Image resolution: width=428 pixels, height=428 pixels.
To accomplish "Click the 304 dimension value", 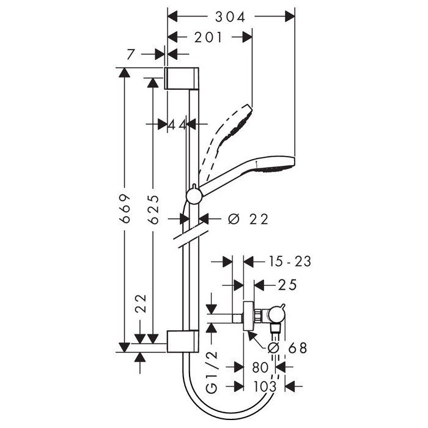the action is pyautogui.click(x=230, y=17).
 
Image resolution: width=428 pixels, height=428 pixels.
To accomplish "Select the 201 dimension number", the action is pyautogui.click(x=208, y=37).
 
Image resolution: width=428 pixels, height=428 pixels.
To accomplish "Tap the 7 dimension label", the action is pyautogui.click(x=131, y=54).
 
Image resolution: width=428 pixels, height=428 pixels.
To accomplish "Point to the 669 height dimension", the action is pyautogui.click(x=125, y=209).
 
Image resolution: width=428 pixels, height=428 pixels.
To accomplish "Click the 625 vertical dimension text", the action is pyautogui.click(x=153, y=209).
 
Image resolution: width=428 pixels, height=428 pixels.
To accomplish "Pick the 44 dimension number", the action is pyautogui.click(x=177, y=125).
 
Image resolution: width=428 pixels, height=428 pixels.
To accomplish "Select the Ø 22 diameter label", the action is pyautogui.click(x=248, y=219).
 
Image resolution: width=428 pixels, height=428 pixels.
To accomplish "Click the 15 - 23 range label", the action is pyautogui.click(x=290, y=262).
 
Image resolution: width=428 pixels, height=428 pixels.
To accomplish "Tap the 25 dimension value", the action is pyautogui.click(x=287, y=286).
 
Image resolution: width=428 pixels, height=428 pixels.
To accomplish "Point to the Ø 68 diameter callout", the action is pyautogui.click(x=287, y=348).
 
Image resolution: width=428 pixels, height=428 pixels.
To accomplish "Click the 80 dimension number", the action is pyautogui.click(x=260, y=367).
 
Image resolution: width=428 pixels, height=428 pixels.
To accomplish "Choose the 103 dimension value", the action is pyautogui.click(x=265, y=386).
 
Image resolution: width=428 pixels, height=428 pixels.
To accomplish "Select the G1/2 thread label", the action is pyautogui.click(x=212, y=372).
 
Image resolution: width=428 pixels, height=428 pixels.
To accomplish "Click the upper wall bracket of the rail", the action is pyautogui.click(x=181, y=78).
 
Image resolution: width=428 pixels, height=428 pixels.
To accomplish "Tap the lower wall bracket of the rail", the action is pyautogui.click(x=183, y=341).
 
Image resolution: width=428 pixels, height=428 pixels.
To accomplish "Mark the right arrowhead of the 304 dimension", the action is pyautogui.click(x=290, y=17).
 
